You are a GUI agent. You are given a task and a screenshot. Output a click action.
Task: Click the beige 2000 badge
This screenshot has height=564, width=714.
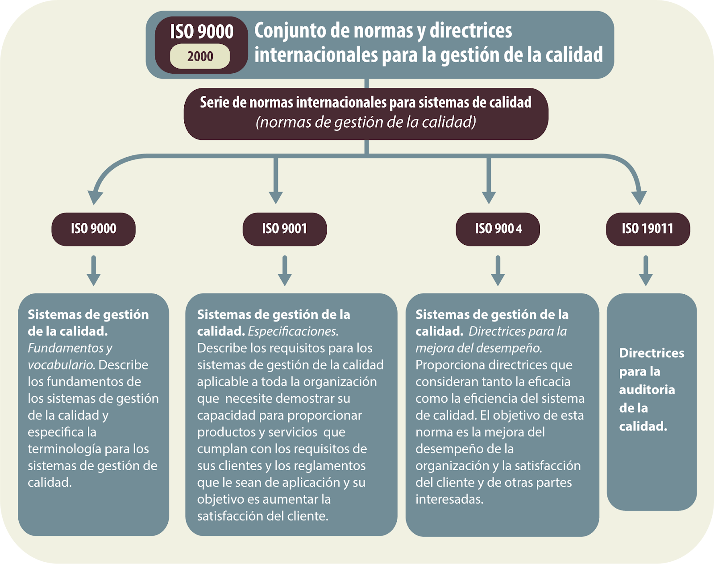(x=200, y=56)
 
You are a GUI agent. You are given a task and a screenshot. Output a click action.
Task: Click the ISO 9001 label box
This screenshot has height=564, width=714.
(x=285, y=229)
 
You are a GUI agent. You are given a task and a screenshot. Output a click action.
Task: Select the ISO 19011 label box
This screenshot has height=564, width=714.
(x=648, y=229)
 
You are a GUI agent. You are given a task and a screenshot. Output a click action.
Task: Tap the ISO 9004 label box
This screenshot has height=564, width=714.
(x=498, y=229)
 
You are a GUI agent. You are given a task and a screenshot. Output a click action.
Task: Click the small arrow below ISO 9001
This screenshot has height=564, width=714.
(x=285, y=271)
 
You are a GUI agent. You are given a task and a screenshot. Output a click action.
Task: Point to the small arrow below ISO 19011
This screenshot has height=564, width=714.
(x=646, y=271)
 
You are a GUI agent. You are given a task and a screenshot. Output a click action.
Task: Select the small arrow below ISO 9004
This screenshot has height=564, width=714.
(x=498, y=271)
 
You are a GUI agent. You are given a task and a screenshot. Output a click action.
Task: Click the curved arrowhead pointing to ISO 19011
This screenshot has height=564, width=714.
(x=639, y=198)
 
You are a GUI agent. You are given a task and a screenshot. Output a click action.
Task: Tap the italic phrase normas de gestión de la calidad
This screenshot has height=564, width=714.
(x=366, y=122)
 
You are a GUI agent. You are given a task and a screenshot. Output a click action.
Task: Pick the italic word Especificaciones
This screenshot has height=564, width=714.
(x=293, y=331)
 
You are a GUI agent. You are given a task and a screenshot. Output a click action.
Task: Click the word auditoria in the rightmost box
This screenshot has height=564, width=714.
(x=647, y=390)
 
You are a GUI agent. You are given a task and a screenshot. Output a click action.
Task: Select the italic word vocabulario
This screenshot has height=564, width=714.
(x=62, y=365)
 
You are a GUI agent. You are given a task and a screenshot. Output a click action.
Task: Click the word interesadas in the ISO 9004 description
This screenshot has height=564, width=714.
(x=449, y=499)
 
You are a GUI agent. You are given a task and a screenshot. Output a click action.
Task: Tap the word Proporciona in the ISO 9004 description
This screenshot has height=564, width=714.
(x=449, y=365)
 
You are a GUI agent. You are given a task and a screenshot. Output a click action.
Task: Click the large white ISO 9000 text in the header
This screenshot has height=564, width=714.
(x=202, y=32)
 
